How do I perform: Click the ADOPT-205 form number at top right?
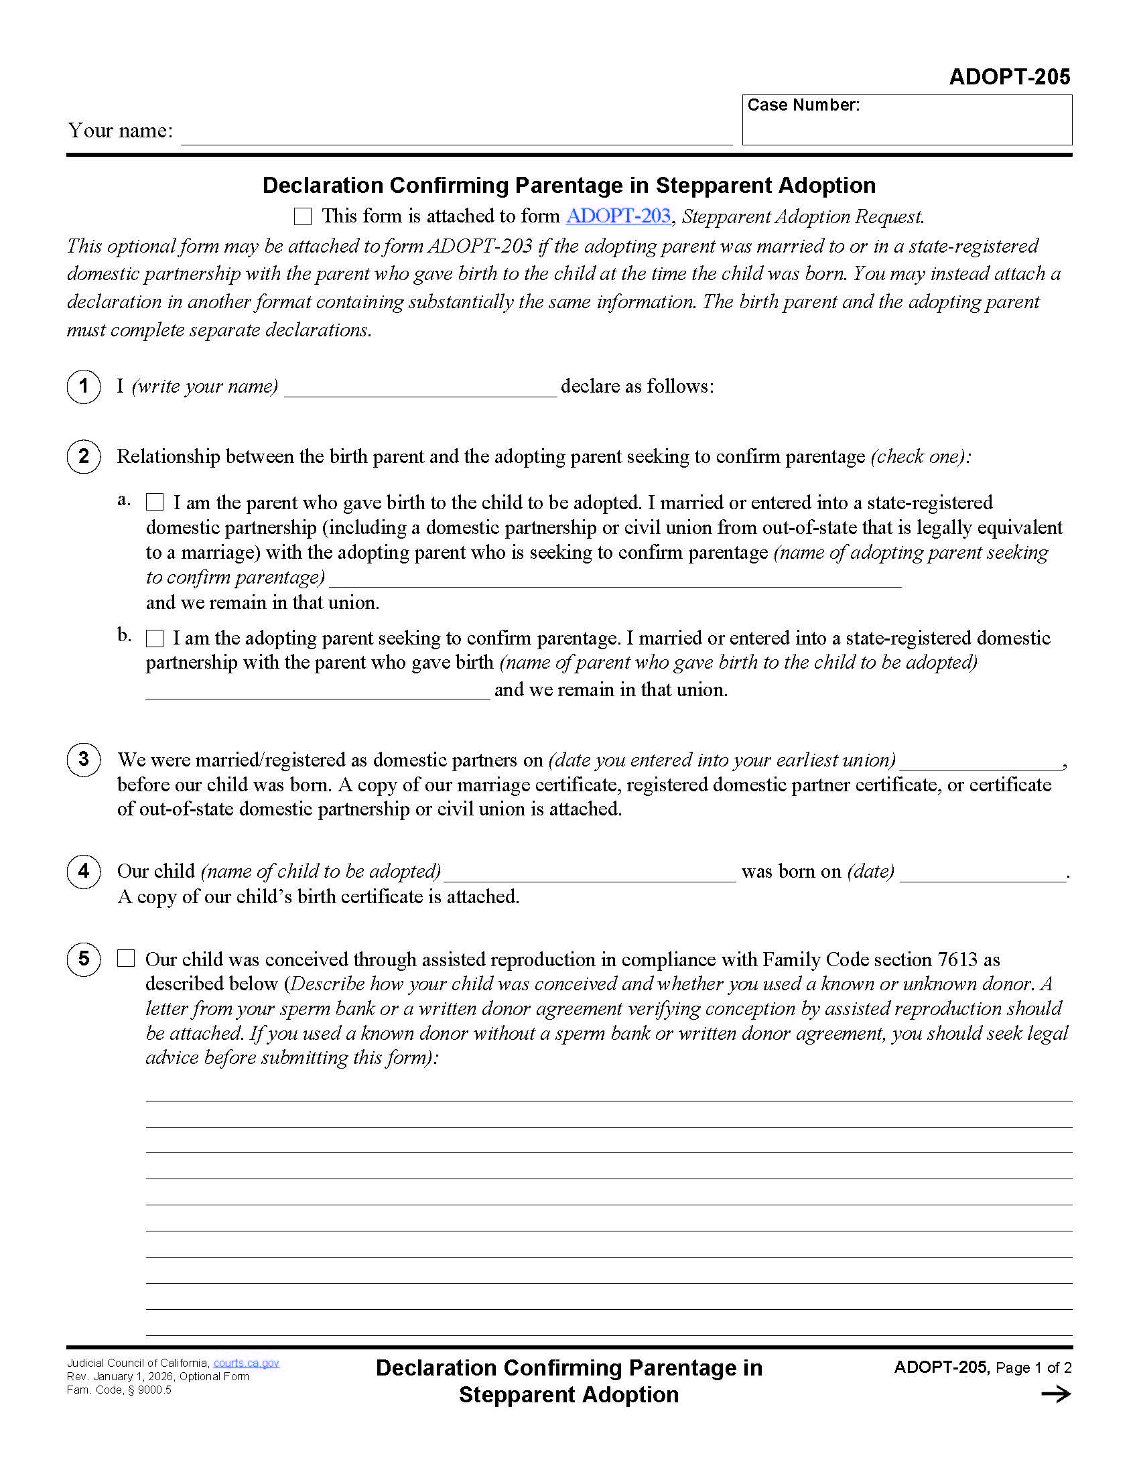point(1009,77)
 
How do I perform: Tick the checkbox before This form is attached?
point(303,216)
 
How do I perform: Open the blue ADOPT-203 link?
point(618,216)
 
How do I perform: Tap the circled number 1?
point(84,386)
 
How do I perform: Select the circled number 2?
point(84,456)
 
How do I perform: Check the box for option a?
point(155,502)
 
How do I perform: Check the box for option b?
point(155,638)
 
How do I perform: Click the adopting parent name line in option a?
point(614,579)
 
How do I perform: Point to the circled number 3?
point(84,759)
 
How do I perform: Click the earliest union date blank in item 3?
point(980,762)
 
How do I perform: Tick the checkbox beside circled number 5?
point(126,958)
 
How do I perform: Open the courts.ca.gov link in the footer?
point(247,1363)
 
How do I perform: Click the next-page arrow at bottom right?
point(1055,1394)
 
